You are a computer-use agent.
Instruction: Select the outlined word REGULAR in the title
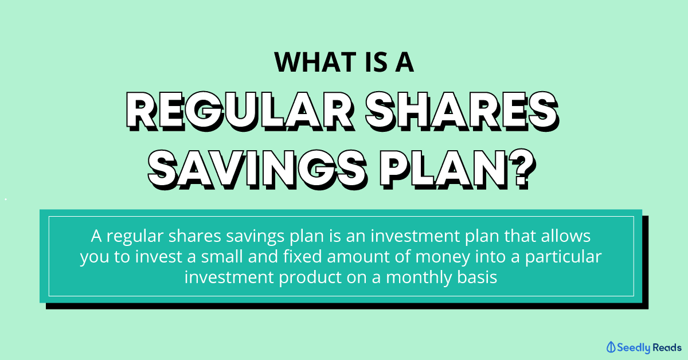240,111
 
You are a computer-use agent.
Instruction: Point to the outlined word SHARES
462,111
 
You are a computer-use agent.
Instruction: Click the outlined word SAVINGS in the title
257,170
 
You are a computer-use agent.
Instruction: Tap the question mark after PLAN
522,170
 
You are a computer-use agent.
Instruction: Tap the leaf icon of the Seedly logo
611,347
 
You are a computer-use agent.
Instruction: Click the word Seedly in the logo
634,348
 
